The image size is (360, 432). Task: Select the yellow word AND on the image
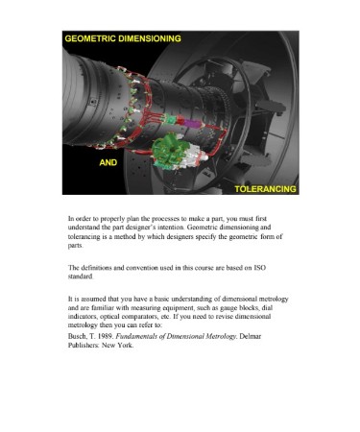[108, 162]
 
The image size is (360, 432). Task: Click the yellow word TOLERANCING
[265, 189]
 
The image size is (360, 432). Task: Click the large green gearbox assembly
[170, 152]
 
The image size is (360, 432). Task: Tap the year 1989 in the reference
[107, 336]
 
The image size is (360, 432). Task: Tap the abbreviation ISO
[259, 268]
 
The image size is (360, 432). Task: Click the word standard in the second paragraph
[81, 276]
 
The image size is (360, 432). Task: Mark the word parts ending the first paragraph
[76, 246]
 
